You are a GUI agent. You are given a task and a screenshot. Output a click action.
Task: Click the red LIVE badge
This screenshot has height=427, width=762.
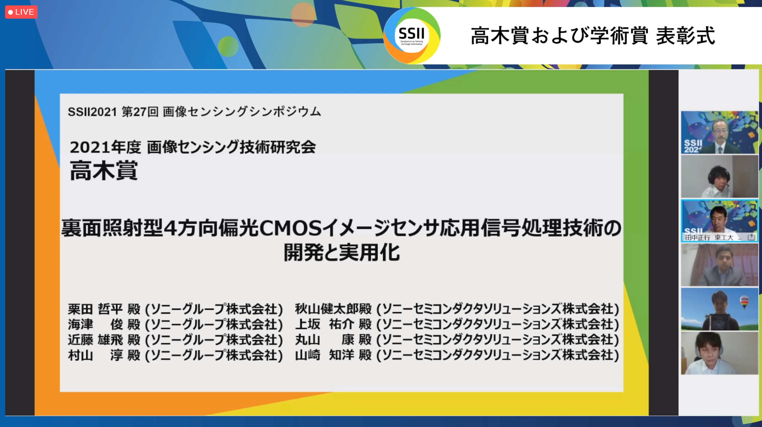(21, 12)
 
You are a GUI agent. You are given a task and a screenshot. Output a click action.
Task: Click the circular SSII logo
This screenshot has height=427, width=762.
(412, 35)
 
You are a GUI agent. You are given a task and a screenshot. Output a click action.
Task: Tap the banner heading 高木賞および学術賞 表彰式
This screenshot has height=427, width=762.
(593, 36)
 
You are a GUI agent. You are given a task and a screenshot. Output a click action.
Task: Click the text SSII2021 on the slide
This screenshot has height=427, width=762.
(92, 112)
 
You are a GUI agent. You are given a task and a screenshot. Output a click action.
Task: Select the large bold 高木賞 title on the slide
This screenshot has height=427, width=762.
(104, 170)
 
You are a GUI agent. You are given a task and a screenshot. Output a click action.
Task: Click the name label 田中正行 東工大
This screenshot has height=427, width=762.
(709, 238)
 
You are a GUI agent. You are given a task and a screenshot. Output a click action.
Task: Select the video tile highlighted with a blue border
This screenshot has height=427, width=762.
(719, 221)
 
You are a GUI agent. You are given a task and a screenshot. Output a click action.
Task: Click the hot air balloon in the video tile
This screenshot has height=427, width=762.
(744, 302)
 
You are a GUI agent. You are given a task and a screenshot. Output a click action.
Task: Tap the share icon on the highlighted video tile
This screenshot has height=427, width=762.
(751, 237)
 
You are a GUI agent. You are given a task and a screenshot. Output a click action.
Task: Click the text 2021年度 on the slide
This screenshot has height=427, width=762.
(105, 147)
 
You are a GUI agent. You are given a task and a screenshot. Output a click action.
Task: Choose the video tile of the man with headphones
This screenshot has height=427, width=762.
(719, 177)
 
